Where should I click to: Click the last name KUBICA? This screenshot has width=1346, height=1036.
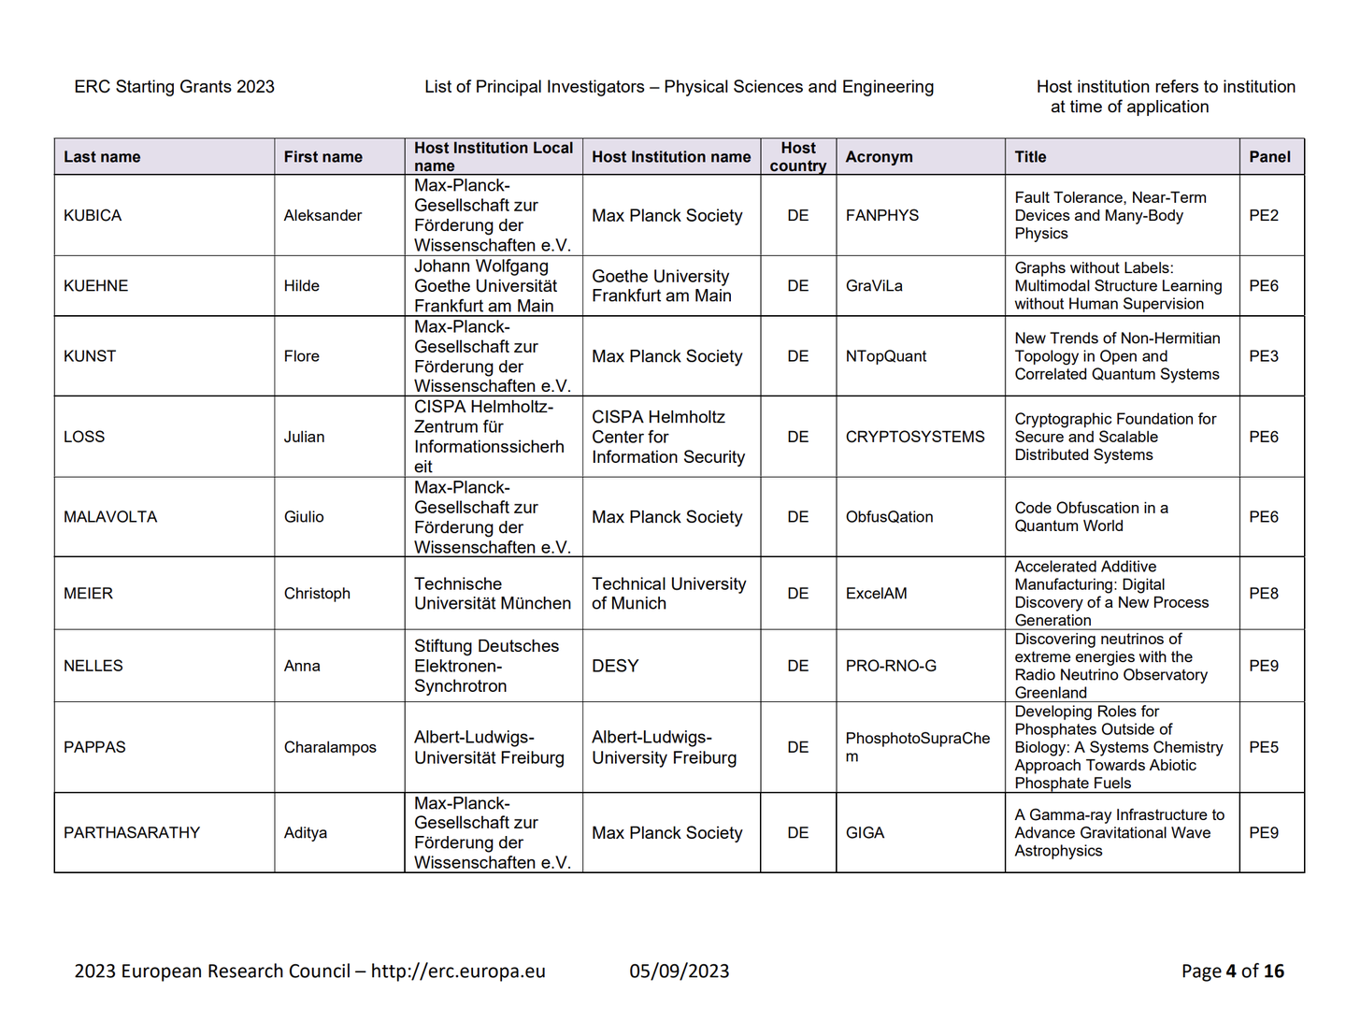(x=93, y=215)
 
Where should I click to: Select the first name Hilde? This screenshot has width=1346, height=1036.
(x=301, y=286)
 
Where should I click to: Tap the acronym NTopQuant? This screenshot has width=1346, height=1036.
(x=885, y=356)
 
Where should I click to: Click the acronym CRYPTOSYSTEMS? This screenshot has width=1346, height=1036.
(x=914, y=437)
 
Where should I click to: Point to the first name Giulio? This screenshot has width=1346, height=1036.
(x=304, y=517)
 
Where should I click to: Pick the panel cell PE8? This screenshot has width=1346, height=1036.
(x=1263, y=594)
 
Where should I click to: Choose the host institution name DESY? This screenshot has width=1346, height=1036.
(x=615, y=666)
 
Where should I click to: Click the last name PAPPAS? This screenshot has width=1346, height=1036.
(x=94, y=747)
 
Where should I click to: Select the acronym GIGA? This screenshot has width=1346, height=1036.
(x=865, y=833)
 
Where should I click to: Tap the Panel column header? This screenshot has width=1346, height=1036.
(x=1269, y=157)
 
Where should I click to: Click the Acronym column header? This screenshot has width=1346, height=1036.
(x=879, y=157)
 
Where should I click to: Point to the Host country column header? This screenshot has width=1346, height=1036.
(x=797, y=157)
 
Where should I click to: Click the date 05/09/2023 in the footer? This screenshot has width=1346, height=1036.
(x=679, y=971)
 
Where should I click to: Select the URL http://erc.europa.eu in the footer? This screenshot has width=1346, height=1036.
(x=458, y=971)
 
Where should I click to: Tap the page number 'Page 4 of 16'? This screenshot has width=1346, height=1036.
(x=1232, y=971)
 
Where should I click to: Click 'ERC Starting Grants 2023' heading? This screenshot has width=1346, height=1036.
(x=175, y=87)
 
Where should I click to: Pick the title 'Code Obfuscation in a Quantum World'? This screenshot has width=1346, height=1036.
(x=1091, y=517)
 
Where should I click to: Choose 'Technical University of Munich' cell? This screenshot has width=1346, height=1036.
(x=668, y=594)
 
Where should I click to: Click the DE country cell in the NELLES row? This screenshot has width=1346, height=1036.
(x=797, y=666)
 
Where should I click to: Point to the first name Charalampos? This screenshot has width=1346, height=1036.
(x=330, y=747)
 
